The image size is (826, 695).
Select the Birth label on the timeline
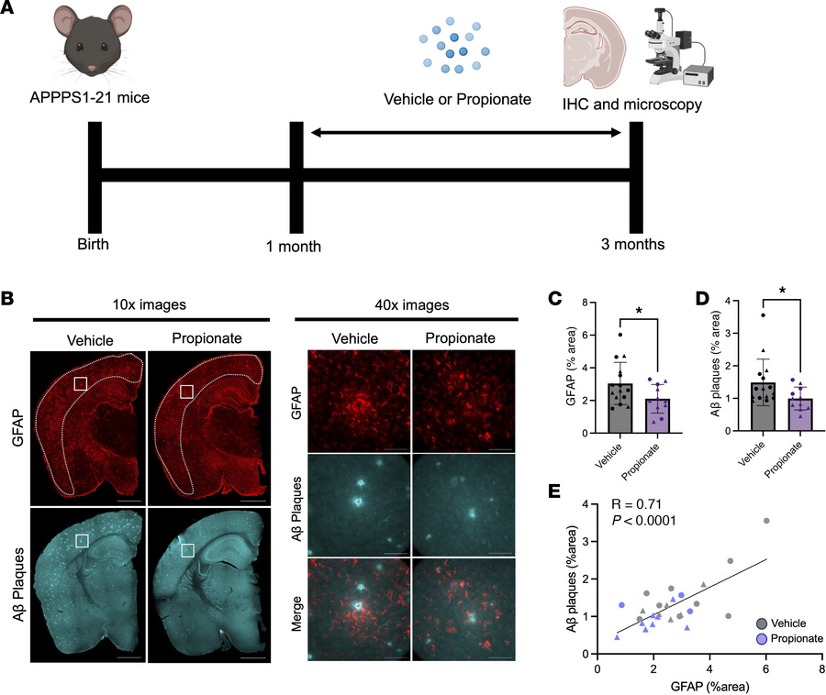click(95, 244)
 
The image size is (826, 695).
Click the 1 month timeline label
click(293, 245)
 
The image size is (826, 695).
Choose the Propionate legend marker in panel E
click(750, 637)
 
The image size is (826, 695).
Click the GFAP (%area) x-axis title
click(702, 685)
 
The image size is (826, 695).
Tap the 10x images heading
click(151, 304)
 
